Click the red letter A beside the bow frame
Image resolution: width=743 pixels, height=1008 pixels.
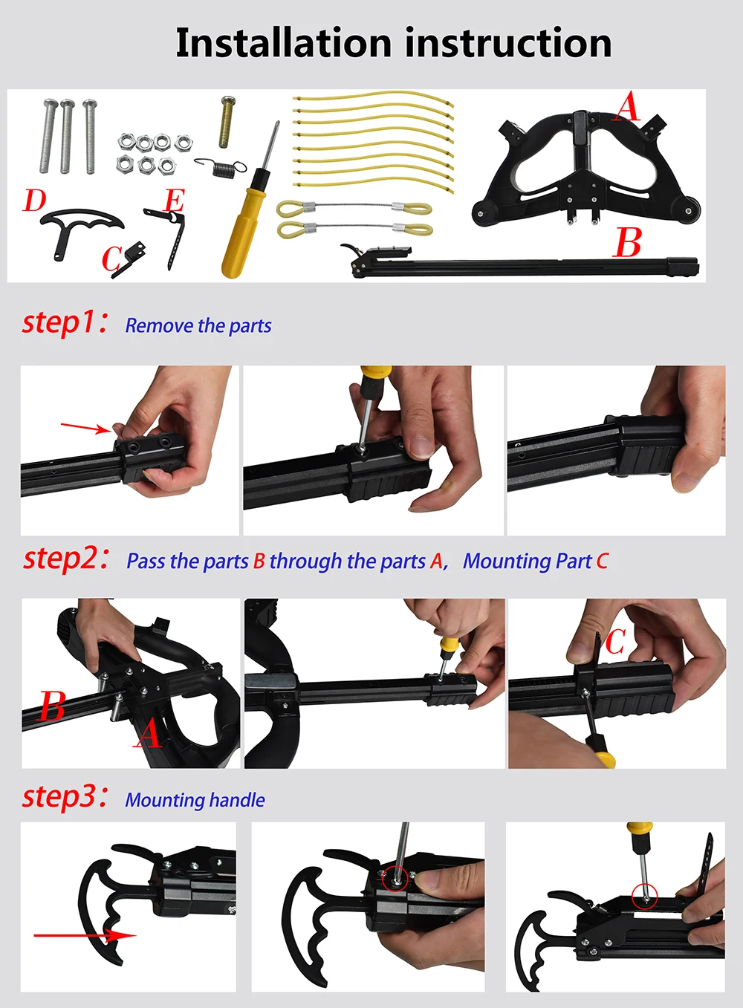point(627,107)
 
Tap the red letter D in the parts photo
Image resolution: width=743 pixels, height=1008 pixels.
point(34,201)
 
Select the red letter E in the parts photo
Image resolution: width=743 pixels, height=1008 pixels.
point(175,201)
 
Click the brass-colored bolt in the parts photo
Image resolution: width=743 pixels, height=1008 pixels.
point(227,122)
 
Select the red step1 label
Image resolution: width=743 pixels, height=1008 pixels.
point(65,322)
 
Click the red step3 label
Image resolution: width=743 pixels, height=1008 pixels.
point(65,797)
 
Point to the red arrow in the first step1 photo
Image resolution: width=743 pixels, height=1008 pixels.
point(85,428)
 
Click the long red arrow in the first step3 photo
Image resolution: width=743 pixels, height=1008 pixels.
point(85,935)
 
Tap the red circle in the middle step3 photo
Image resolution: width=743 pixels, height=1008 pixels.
point(395,879)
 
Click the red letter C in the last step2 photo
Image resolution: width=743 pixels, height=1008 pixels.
point(615,642)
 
